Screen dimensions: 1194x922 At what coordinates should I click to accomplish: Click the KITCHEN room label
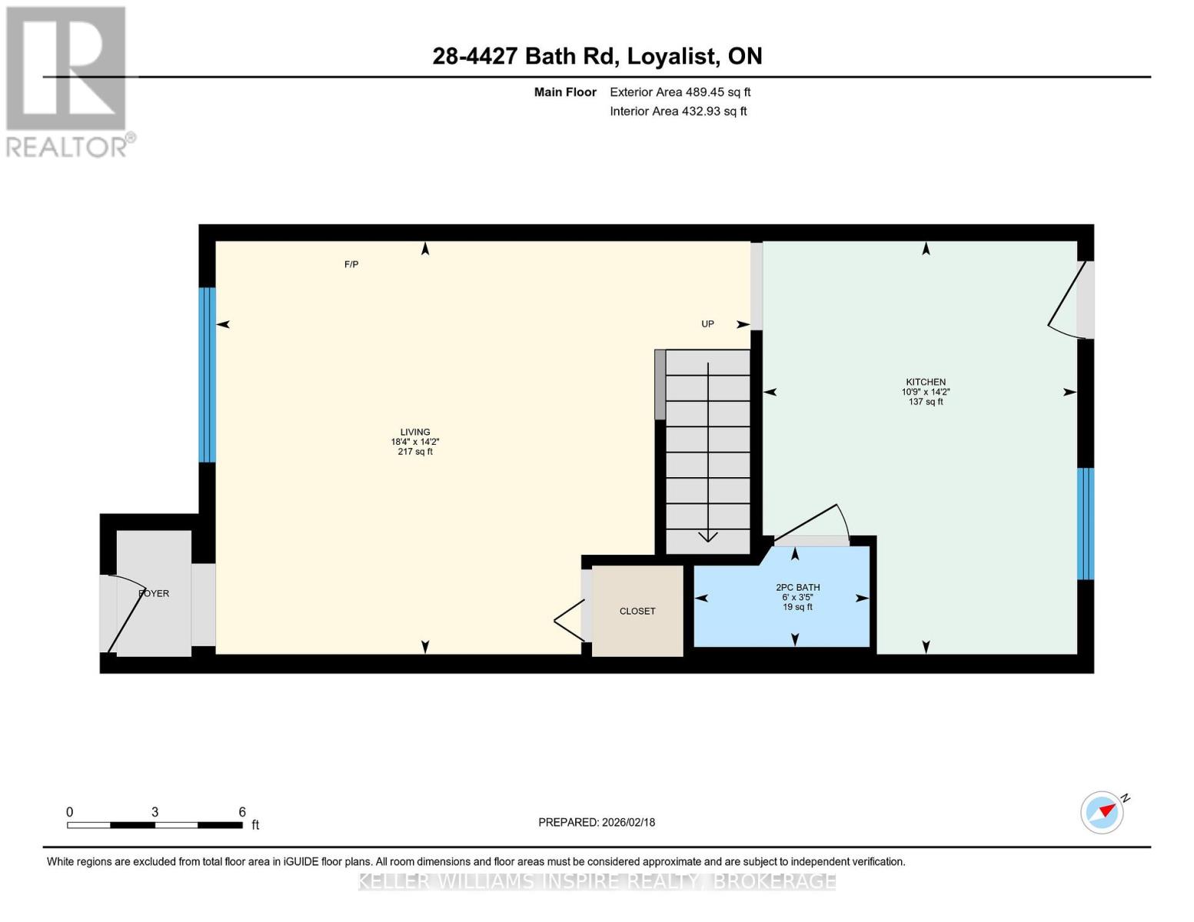[926, 382]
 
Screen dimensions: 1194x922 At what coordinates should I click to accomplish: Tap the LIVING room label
[415, 432]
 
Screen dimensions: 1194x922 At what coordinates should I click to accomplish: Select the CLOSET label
[637, 611]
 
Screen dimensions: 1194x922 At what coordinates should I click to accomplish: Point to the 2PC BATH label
[797, 588]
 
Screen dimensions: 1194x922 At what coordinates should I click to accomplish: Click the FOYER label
[154, 594]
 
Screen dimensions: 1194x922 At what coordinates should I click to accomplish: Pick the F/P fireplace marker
[351, 264]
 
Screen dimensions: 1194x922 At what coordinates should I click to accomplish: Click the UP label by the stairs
[707, 324]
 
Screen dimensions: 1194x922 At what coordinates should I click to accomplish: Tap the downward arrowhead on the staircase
[708, 536]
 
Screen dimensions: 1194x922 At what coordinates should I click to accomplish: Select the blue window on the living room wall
[207, 375]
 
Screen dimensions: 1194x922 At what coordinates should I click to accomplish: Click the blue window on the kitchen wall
[1085, 523]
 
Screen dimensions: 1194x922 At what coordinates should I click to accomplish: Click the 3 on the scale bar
[155, 812]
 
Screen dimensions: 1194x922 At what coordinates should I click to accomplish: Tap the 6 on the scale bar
[241, 812]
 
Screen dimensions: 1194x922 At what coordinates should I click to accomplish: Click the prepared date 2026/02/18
[629, 823]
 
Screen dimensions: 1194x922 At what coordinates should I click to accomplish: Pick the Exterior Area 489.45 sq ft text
[680, 92]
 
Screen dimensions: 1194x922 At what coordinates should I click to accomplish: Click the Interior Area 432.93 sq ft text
[678, 111]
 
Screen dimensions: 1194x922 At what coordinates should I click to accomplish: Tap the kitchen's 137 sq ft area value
[926, 401]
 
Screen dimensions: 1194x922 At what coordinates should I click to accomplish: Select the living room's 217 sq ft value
[415, 452]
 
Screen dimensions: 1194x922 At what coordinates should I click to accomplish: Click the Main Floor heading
[565, 92]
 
